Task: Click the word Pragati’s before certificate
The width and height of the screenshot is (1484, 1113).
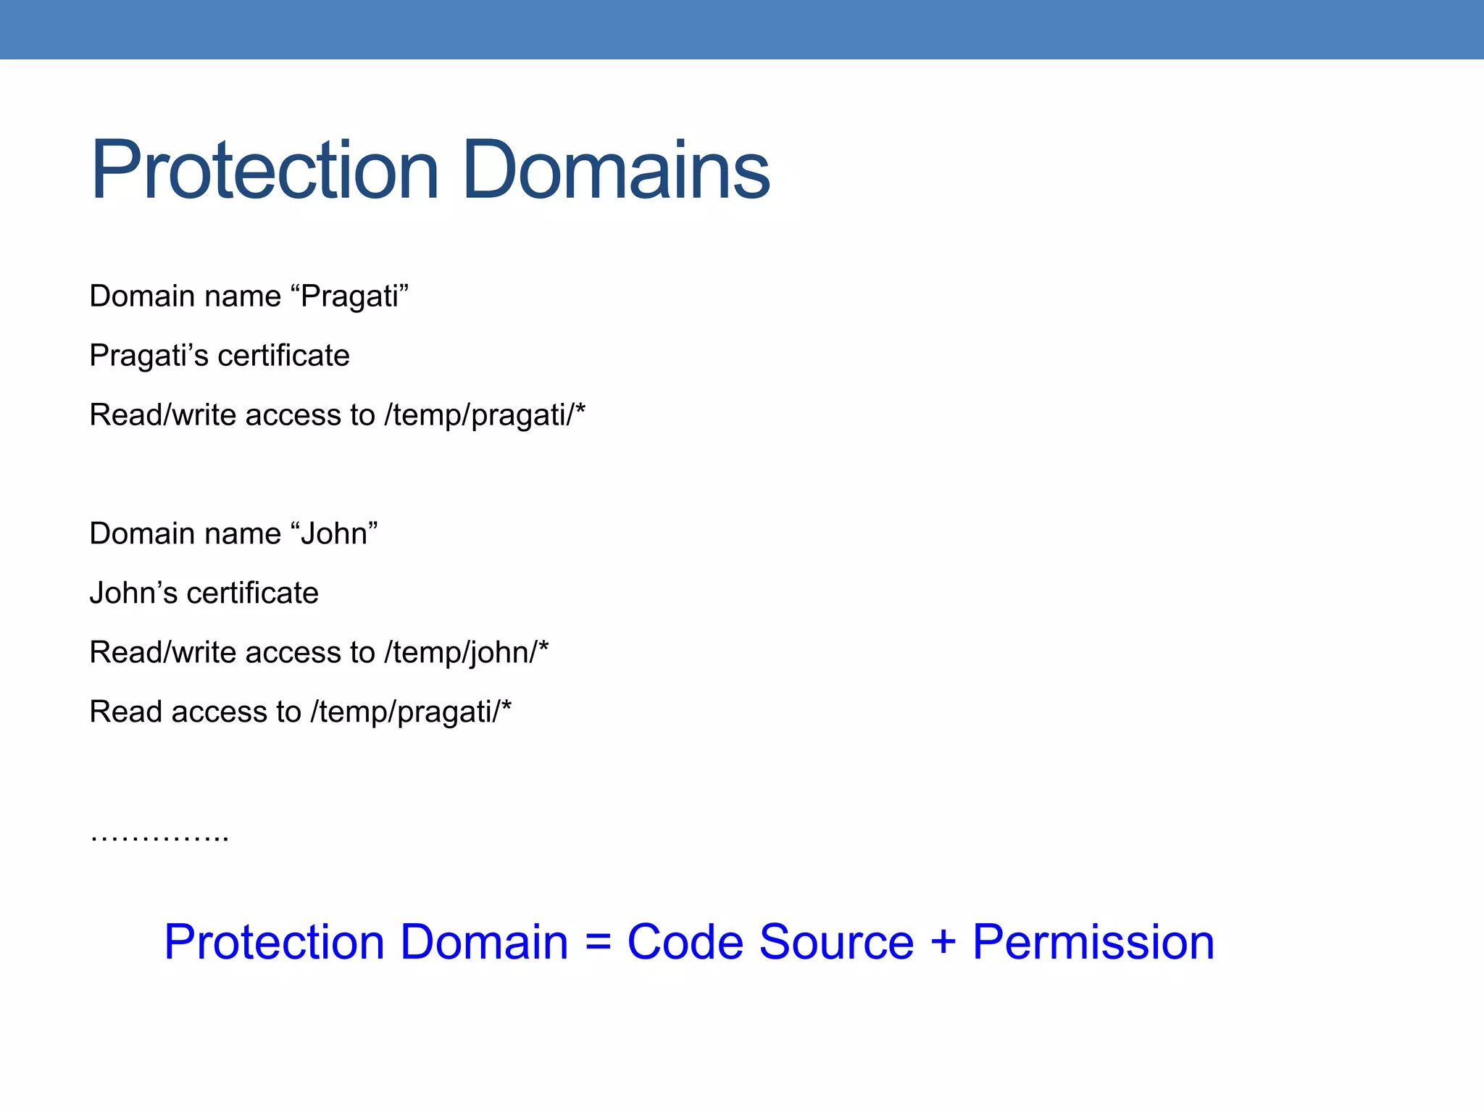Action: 149,356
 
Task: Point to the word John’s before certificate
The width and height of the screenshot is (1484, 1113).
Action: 133,593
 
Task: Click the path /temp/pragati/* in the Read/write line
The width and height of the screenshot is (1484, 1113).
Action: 485,415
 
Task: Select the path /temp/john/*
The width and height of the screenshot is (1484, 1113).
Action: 466,653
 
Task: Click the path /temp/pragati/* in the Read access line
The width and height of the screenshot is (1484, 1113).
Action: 411,712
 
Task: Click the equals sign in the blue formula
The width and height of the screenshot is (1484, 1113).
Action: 598,943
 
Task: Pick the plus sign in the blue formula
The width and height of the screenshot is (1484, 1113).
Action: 943,943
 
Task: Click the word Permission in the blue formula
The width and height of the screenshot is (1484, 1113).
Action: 1093,943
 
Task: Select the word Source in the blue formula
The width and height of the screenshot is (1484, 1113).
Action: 836,943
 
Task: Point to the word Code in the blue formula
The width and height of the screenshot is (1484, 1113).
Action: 685,943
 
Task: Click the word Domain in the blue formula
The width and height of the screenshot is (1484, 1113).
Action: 484,943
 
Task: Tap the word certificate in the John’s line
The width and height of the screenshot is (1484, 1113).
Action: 252,593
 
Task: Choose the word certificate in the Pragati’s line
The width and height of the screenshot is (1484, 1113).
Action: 283,356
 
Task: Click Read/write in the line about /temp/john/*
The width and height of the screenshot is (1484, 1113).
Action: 163,653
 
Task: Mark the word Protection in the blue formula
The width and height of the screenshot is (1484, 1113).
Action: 273,943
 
